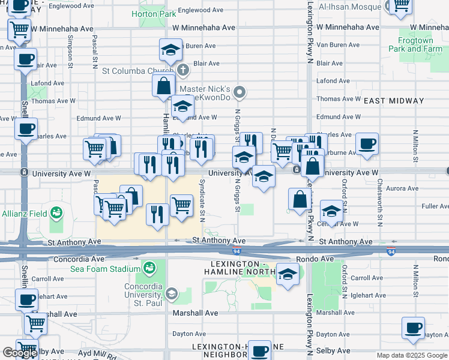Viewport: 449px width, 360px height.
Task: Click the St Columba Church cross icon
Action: [x=182, y=71]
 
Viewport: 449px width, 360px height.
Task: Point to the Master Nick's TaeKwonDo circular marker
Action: [x=240, y=92]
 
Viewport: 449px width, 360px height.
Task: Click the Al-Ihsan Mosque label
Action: [x=351, y=8]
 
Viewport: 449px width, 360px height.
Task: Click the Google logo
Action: [x=20, y=353]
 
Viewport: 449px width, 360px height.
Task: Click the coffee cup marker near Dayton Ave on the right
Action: [x=413, y=328]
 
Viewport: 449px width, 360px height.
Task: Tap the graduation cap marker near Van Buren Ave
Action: [x=171, y=50]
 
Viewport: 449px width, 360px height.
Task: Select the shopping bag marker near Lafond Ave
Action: [x=163, y=86]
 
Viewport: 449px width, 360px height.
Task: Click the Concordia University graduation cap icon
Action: [x=172, y=293]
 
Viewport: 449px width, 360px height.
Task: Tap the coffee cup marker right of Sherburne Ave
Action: [x=367, y=144]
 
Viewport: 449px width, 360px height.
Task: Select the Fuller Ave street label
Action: [x=436, y=206]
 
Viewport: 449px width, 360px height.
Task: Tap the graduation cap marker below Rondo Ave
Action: [x=288, y=275]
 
